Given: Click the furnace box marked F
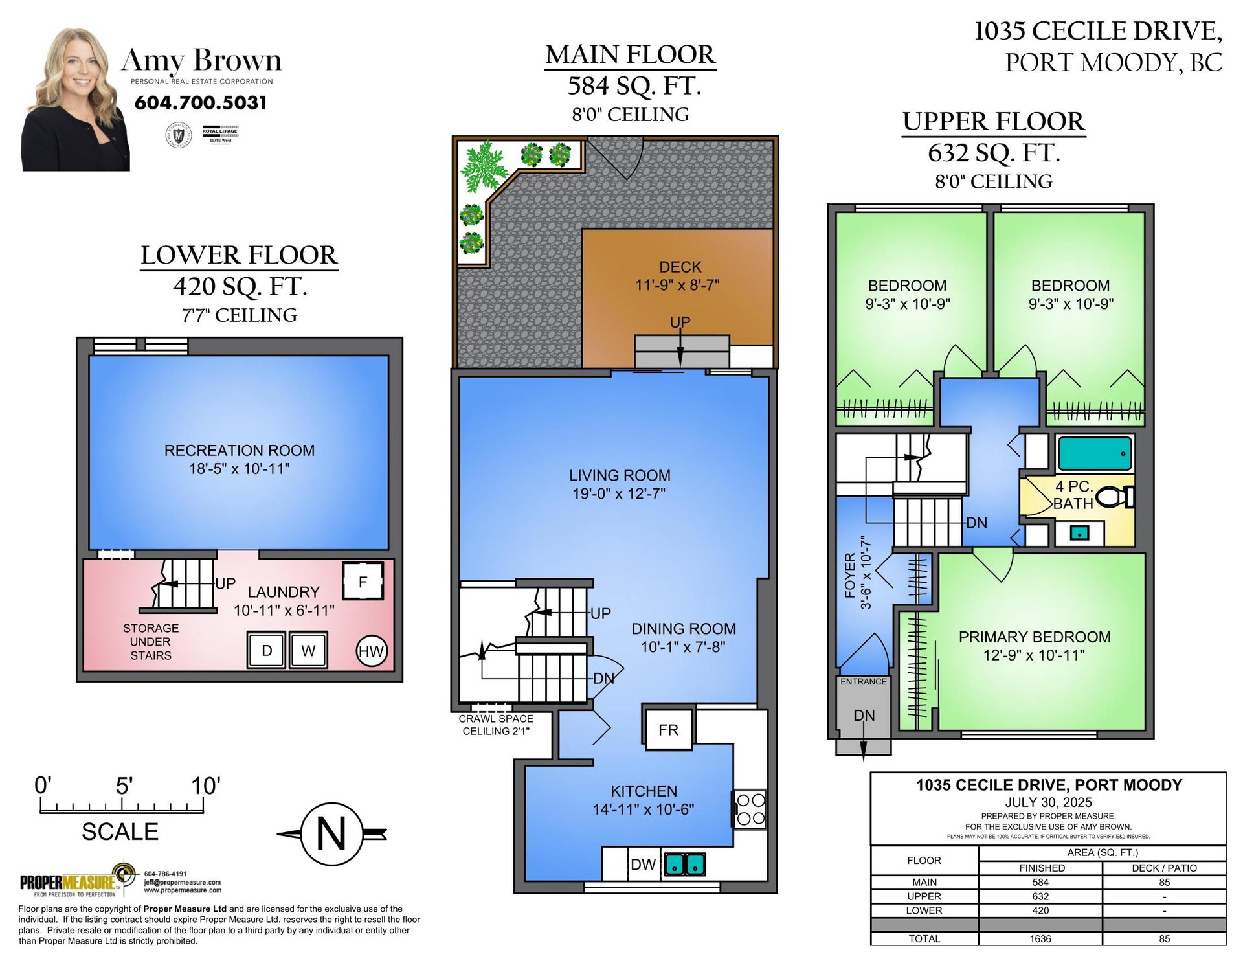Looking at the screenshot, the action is tap(363, 581).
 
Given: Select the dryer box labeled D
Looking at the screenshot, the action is tap(266, 650).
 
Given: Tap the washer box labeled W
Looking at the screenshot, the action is tap(308, 650).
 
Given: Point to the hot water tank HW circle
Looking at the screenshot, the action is tap(372, 651).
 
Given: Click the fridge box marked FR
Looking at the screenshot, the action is tap(668, 729).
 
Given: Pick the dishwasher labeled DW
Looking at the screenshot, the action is tap(644, 864).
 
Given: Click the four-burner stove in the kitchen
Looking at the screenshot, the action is tap(750, 809).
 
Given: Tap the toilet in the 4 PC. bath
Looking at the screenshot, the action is tap(1115, 497).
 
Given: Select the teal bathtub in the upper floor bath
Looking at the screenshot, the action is tap(1095, 453).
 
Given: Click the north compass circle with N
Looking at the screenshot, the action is tap(331, 834).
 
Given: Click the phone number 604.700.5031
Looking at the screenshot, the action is tap(201, 102).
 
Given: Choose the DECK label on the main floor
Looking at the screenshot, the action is tap(680, 267).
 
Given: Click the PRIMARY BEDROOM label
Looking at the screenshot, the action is tap(1035, 637).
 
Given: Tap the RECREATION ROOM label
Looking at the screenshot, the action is tap(240, 450).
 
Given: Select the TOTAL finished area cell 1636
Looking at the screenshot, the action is tap(1040, 938).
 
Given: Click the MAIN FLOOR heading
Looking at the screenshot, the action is tap(631, 54).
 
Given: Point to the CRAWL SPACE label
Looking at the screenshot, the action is tap(496, 719).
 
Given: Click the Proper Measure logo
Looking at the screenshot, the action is tap(78, 881).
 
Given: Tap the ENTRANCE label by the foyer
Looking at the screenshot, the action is tap(864, 681).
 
